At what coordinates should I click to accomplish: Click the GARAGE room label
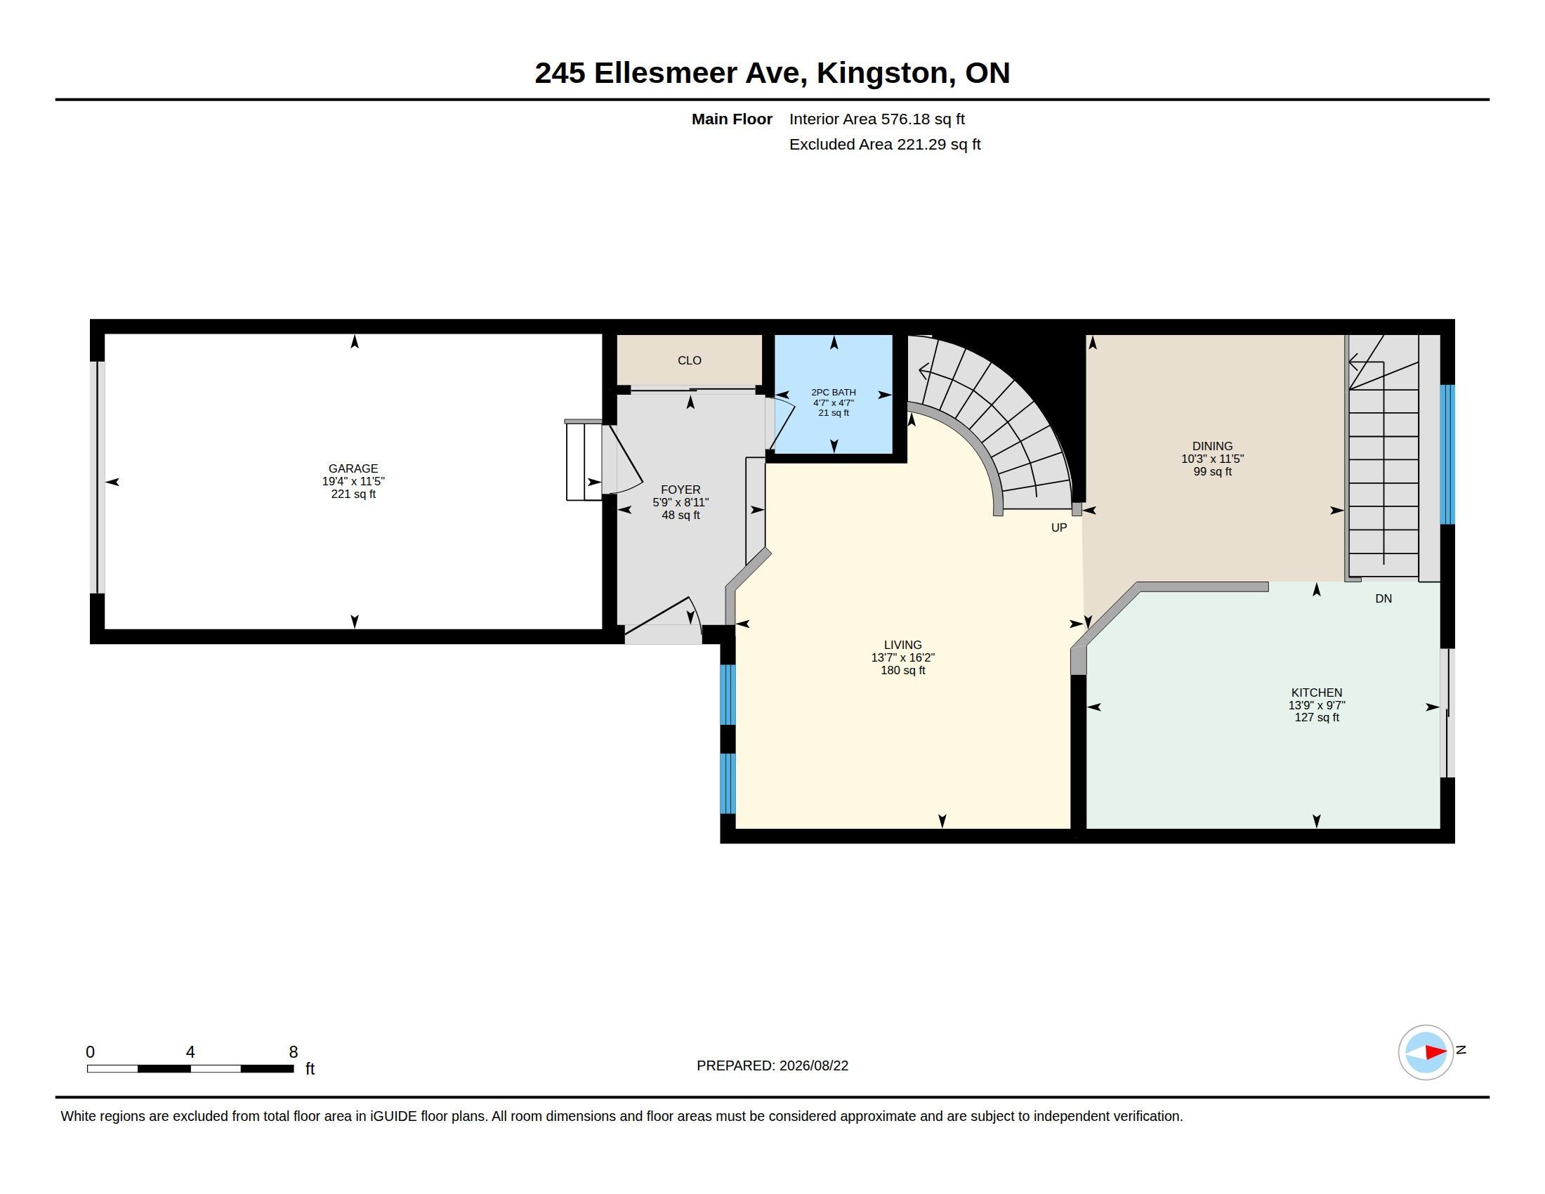point(353,468)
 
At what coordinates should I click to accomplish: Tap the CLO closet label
point(690,361)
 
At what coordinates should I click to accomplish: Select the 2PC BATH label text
point(834,392)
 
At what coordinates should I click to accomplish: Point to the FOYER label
point(681,490)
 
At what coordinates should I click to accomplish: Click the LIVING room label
point(902,645)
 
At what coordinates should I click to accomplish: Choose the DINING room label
point(1213,446)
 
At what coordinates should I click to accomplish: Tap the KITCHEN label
point(1317,693)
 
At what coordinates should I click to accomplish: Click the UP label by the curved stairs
point(1059,527)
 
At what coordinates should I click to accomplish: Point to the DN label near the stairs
point(1383,599)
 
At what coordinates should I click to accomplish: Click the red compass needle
point(1436,1053)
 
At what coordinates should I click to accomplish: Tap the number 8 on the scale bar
point(294,1052)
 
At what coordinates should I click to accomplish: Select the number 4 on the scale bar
point(190,1052)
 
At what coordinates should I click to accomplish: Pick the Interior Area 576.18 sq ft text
point(877,119)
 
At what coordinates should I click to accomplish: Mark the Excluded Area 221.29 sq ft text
point(885,145)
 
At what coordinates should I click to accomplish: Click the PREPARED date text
point(772,1066)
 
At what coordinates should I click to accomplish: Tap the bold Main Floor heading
point(732,119)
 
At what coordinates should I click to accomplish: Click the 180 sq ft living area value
point(902,671)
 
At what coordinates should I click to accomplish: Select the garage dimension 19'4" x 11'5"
point(353,481)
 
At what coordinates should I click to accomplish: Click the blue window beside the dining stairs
point(1447,455)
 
